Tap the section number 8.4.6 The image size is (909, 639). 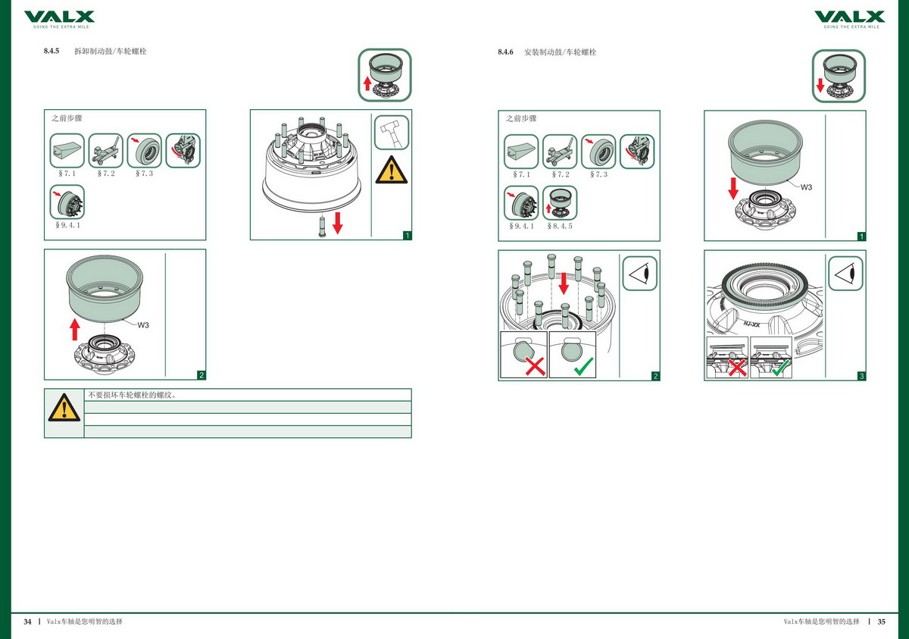(505, 52)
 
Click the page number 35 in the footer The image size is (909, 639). (881, 622)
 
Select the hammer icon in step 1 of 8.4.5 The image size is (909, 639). (392, 133)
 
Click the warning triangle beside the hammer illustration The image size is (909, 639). (392, 170)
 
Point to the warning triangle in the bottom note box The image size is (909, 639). (64, 408)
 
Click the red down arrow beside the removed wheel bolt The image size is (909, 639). (337, 221)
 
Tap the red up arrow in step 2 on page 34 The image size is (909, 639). (74, 330)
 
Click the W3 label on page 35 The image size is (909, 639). (807, 186)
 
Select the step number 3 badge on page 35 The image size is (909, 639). (861, 375)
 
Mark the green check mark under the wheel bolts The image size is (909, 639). (583, 368)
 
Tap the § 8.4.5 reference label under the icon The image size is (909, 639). (560, 226)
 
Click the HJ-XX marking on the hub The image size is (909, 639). (752, 324)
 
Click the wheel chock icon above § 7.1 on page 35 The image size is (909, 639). (521, 151)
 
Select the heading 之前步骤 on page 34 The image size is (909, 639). (67, 119)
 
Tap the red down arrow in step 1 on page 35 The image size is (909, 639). (733, 186)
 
